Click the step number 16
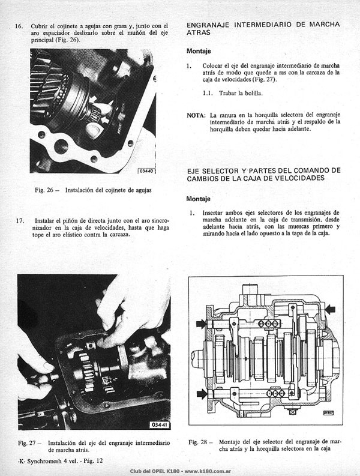click(x=19, y=26)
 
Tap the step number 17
click(x=20, y=221)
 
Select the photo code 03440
click(x=146, y=171)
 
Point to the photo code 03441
click(x=160, y=425)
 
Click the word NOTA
click(x=196, y=115)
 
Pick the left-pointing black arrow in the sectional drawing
click(x=330, y=309)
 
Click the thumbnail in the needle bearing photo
click(x=94, y=129)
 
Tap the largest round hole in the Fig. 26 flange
click(x=61, y=146)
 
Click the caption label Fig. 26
click(x=44, y=190)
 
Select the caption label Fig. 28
click(x=197, y=442)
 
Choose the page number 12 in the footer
click(x=100, y=461)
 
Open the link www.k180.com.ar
click(x=208, y=471)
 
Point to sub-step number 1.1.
click(x=208, y=93)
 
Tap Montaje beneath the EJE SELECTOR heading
click(x=198, y=199)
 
